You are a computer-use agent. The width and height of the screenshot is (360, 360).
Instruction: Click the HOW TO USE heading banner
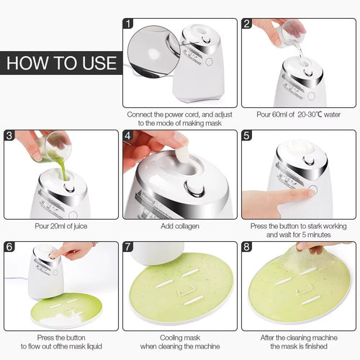tap(60, 62)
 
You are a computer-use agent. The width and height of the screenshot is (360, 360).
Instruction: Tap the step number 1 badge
tap(129, 24)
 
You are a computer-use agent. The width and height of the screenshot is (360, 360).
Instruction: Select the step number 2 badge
tap(247, 24)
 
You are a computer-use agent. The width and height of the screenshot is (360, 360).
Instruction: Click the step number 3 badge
tap(10, 136)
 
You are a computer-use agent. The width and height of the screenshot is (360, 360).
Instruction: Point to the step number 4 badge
tap(129, 136)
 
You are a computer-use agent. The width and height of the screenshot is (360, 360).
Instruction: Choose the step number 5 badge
tap(247, 136)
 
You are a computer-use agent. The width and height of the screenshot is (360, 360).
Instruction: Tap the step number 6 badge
tap(10, 248)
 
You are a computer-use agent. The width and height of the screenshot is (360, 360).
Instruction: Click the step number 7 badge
tap(129, 248)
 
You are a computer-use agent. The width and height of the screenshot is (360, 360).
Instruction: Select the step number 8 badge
tap(247, 248)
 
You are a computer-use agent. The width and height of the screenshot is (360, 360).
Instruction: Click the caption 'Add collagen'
tap(179, 226)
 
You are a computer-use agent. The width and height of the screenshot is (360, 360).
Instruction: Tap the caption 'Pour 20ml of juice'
tap(60, 226)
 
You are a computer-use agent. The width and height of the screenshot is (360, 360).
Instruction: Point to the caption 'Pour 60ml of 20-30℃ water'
tap(297, 114)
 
